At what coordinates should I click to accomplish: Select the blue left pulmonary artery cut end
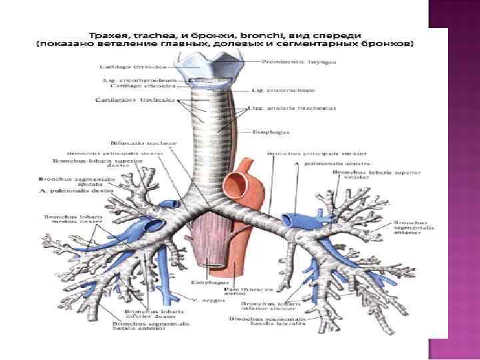(291, 218)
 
